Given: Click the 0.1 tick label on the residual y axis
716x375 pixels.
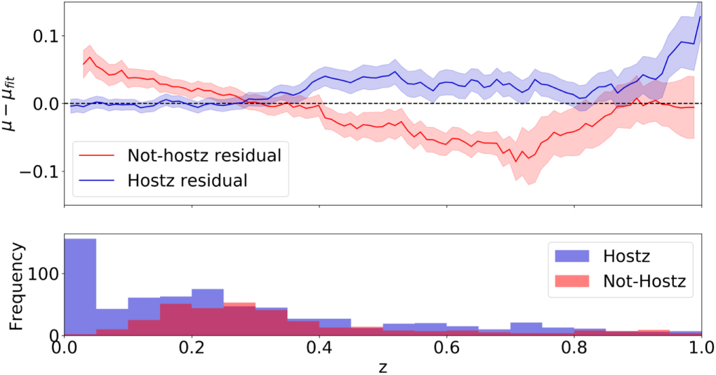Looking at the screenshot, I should click(44, 36).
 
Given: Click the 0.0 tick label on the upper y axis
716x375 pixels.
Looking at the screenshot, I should click(44, 104).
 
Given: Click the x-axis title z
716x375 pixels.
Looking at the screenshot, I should click(383, 365).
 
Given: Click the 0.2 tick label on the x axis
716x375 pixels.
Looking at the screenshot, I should click(191, 348).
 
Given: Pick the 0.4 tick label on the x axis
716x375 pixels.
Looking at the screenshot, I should click(319, 348).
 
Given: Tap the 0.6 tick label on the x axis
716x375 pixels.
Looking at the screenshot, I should click(446, 348).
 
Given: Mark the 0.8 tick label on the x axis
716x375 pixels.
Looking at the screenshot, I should click(574, 348).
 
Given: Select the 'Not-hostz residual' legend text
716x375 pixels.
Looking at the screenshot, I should click(204, 154).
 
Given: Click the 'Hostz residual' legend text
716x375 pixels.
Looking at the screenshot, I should click(187, 180).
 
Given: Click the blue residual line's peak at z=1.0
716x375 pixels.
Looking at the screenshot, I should click(701, 17).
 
